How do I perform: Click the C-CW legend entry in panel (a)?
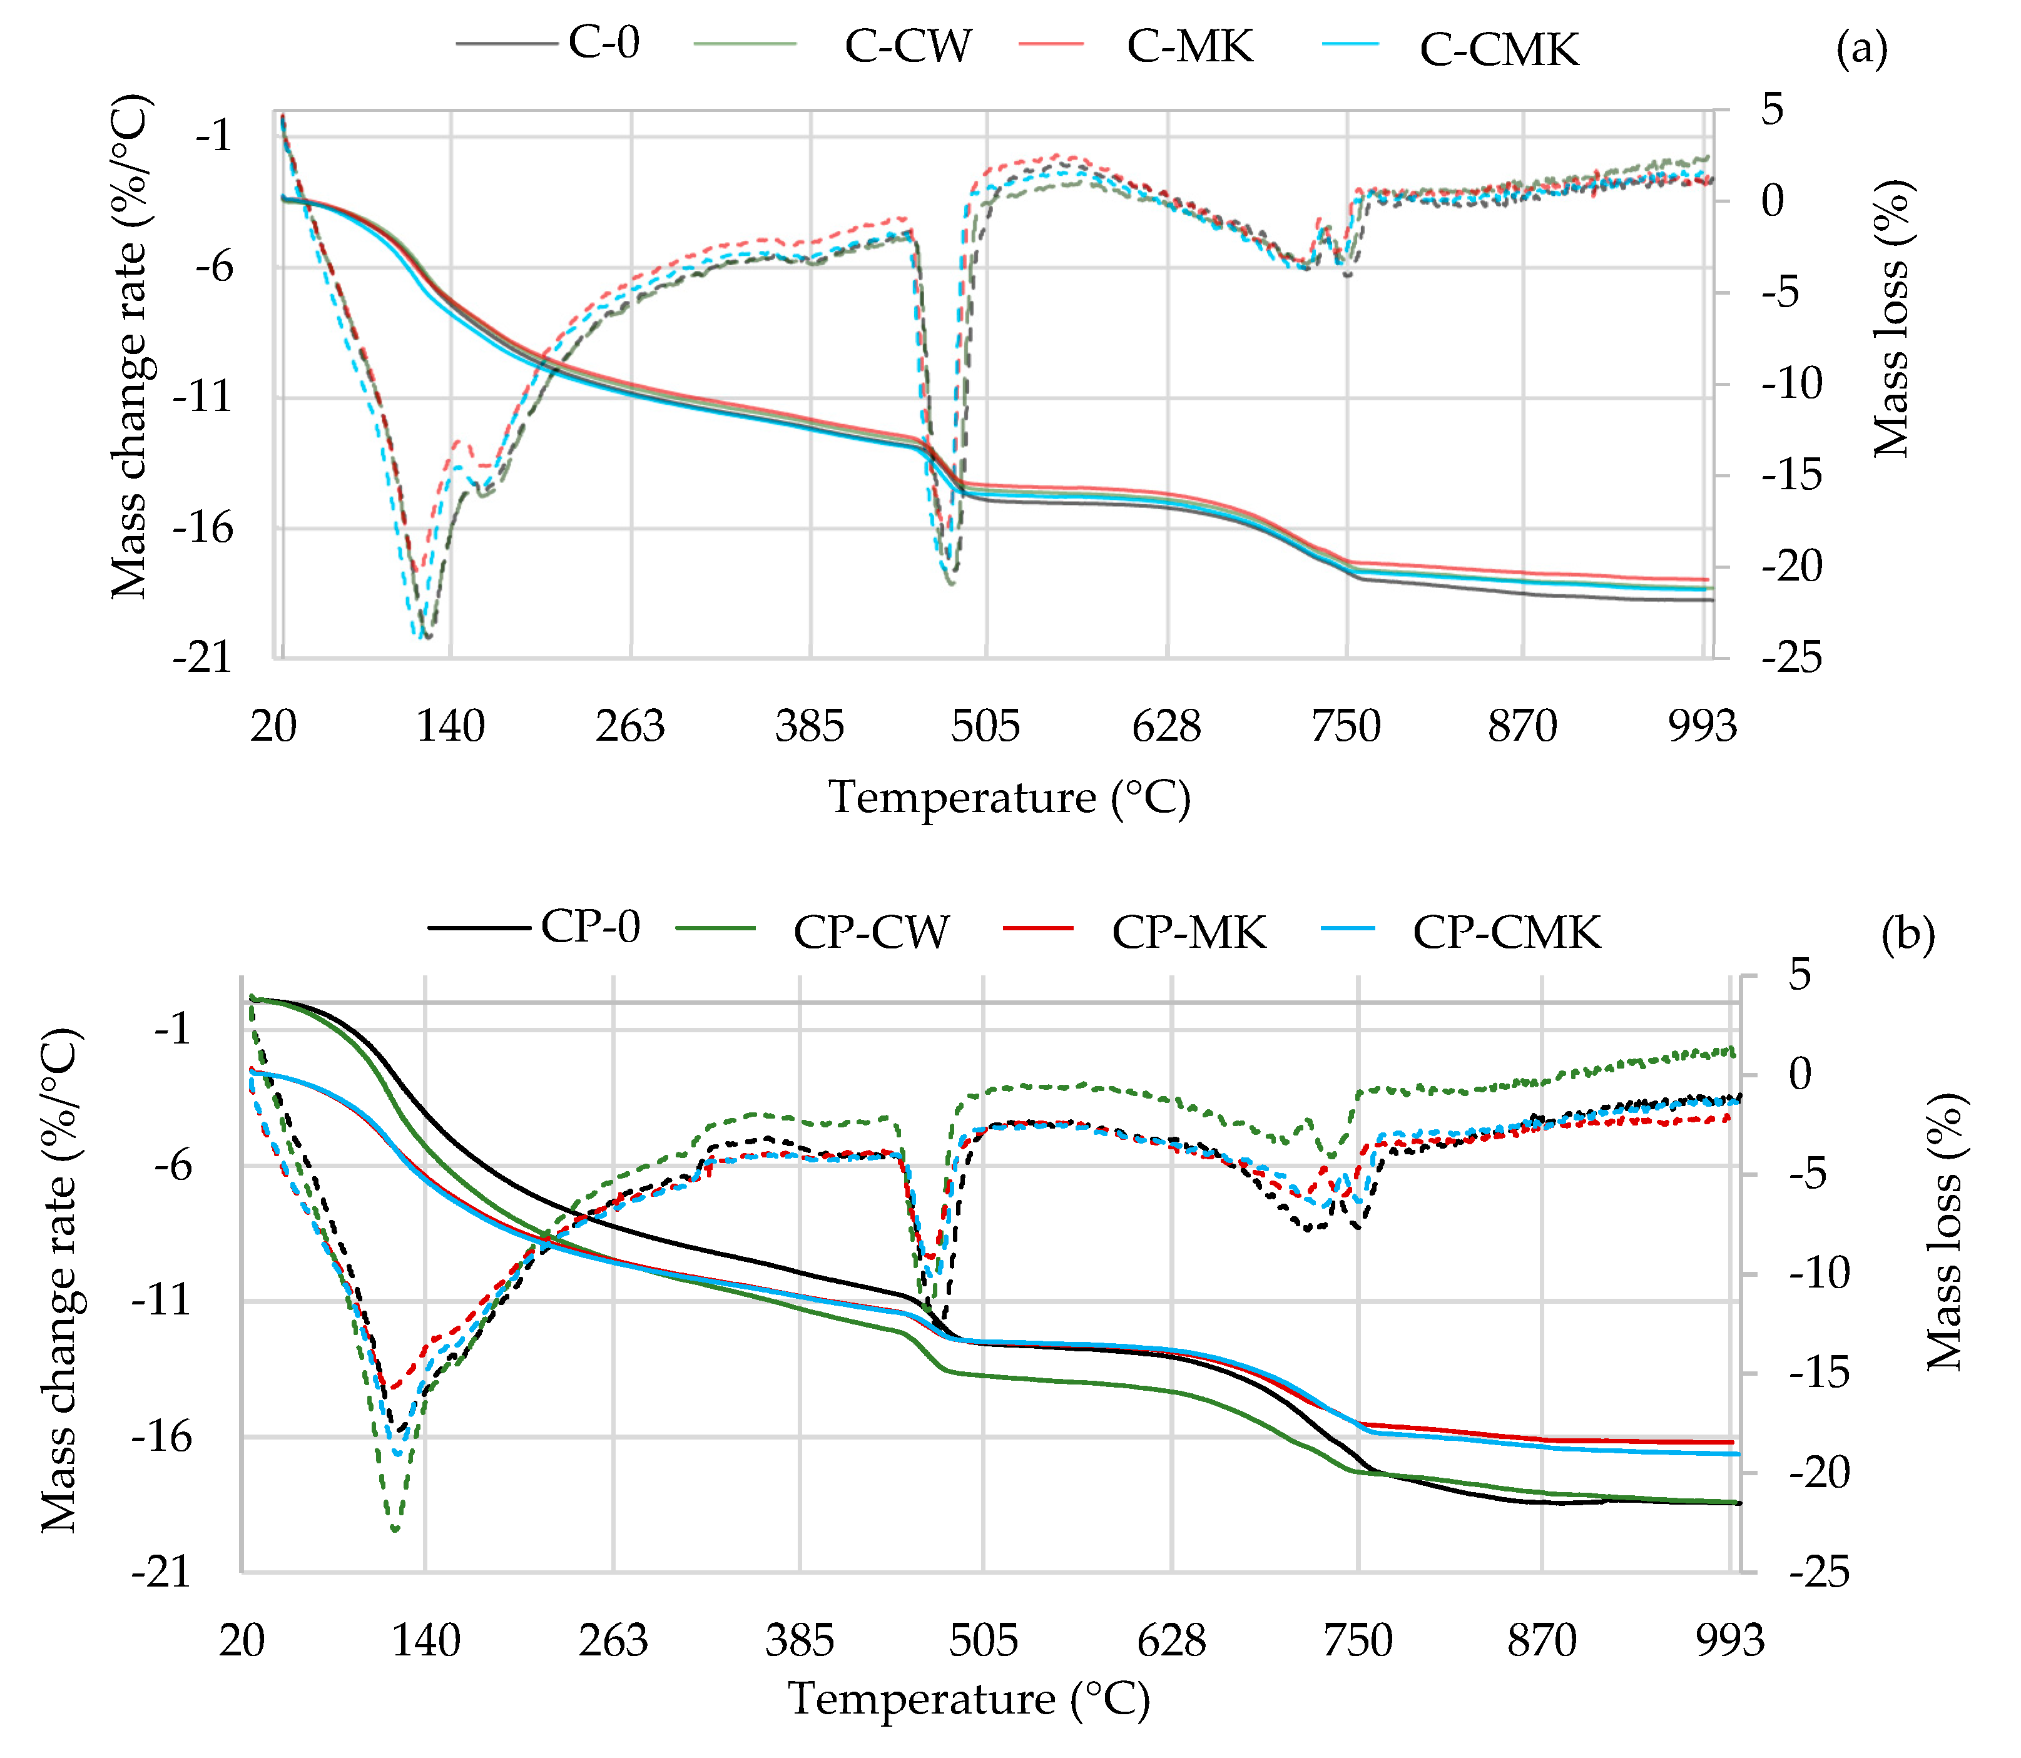907,46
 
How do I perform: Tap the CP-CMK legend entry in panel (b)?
1506,932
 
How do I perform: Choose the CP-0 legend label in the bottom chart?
589,926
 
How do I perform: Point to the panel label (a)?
1861,47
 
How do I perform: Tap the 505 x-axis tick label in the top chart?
985,727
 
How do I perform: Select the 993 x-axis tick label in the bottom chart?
1729,1640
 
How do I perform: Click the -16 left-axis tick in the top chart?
203,528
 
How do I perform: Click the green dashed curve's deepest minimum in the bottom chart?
394,1528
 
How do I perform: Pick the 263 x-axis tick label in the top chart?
630,727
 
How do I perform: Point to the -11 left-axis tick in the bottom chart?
161,1301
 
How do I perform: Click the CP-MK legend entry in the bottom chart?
1188,932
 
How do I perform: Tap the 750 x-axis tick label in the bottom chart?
1358,1640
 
